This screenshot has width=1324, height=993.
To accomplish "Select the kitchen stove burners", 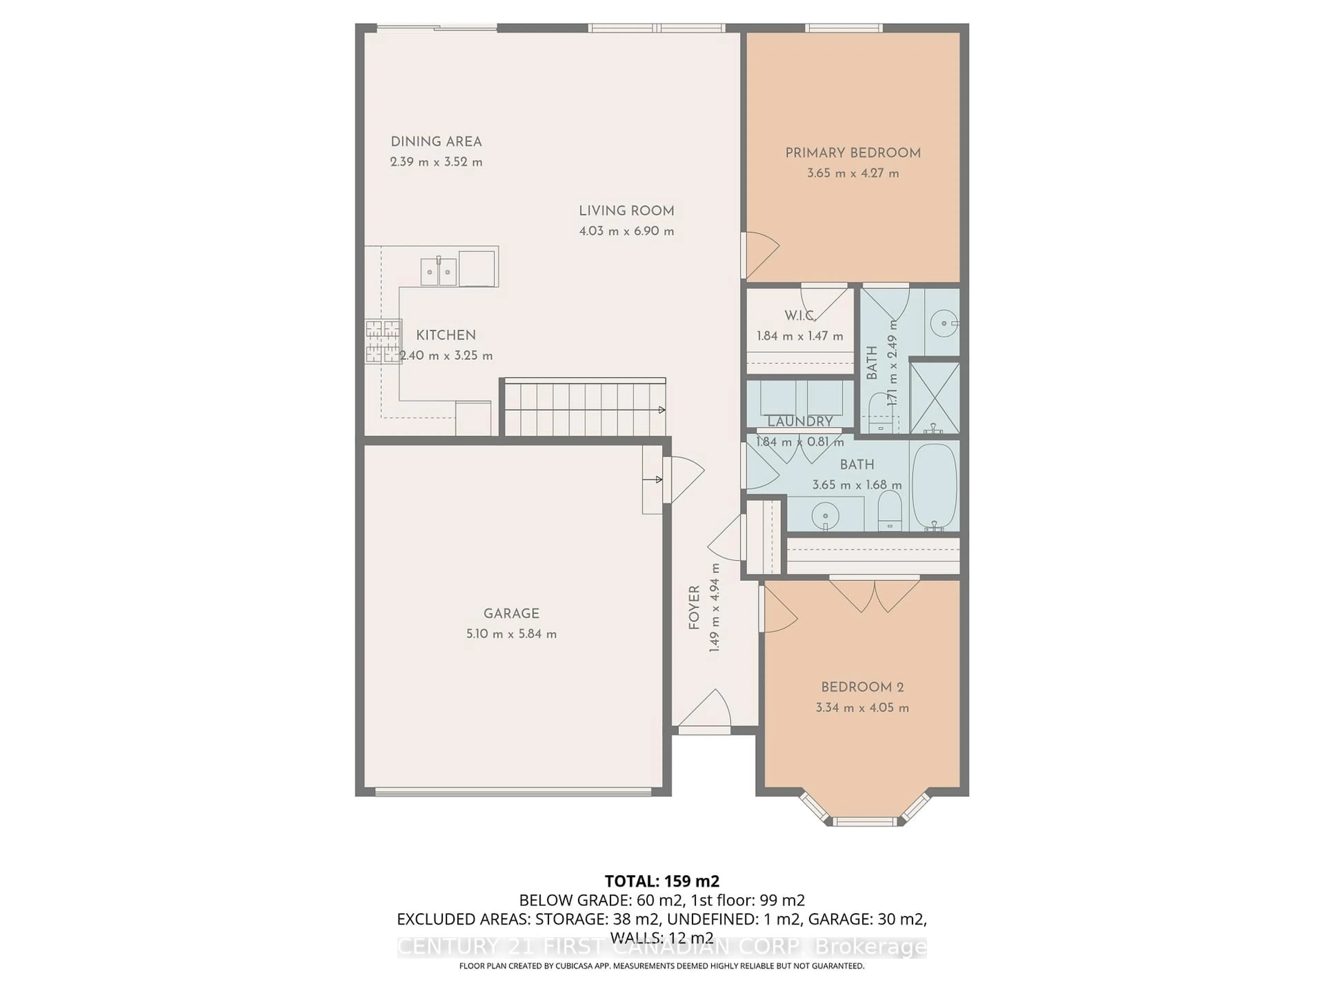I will point(383,341).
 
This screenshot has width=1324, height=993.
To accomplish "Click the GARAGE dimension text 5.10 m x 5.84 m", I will point(511,634).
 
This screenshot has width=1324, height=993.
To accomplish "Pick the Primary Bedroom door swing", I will point(760,254).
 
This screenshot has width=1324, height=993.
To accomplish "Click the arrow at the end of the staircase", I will point(661,410).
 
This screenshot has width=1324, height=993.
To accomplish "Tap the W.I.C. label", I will point(799,315).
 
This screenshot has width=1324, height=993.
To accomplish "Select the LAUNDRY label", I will point(800,421).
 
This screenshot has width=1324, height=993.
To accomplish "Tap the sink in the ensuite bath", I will point(944,323).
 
